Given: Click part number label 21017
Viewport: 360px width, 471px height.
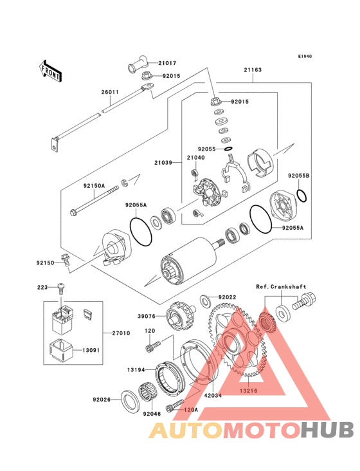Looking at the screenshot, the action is click(x=167, y=63).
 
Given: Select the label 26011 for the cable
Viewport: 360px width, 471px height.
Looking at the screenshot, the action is click(x=110, y=92).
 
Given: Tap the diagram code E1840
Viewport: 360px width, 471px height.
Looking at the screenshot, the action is click(x=305, y=56).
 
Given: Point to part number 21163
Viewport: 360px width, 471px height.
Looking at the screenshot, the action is click(x=253, y=69).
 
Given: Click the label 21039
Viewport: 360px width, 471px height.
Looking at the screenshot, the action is click(x=163, y=163).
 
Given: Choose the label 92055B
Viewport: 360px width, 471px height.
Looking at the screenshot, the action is click(x=298, y=176).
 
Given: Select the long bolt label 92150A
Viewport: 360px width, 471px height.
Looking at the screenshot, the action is click(x=94, y=186).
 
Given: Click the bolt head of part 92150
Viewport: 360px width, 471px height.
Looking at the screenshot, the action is click(x=64, y=257).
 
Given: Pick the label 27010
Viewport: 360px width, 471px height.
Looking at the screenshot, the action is click(x=122, y=333).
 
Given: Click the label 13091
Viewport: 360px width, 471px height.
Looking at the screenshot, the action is click(x=91, y=350).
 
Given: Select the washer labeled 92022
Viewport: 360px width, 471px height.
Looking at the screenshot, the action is click(x=206, y=301).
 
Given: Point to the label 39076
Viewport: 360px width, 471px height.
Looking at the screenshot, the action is click(x=147, y=317).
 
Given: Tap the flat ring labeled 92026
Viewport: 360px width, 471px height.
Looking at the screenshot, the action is click(x=130, y=402).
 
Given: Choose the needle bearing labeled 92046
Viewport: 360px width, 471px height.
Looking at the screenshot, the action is click(x=147, y=392).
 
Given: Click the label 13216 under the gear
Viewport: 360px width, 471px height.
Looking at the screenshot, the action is click(x=248, y=391).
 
